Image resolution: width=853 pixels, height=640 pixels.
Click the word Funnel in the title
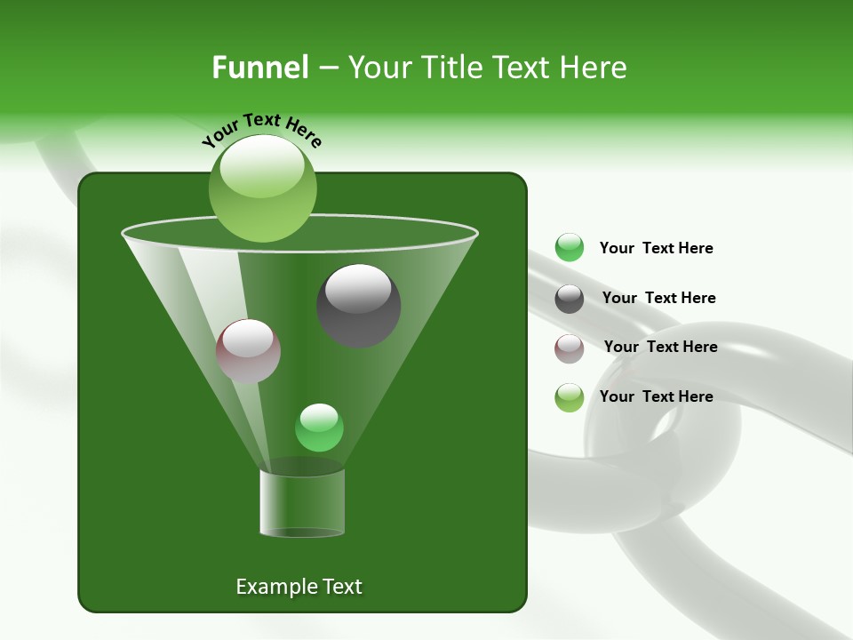pyautogui.click(x=260, y=68)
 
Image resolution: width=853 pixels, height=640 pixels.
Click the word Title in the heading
pyautogui.click(x=450, y=68)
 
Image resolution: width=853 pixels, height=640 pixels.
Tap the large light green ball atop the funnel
pyautogui.click(x=263, y=188)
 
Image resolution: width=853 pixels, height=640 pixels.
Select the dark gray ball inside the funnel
pyautogui.click(x=359, y=307)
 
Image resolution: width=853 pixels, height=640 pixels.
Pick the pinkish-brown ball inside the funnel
pyautogui.click(x=249, y=351)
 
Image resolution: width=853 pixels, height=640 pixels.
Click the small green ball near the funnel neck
pyautogui.click(x=319, y=428)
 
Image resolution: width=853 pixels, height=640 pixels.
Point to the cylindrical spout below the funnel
pyautogui.click(x=302, y=503)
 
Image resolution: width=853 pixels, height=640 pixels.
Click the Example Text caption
pyautogui.click(x=299, y=587)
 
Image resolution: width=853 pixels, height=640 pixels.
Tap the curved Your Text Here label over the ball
pyautogui.click(x=262, y=129)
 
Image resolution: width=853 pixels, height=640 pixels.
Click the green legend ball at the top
pyautogui.click(x=570, y=248)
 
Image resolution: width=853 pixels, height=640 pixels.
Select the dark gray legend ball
pyautogui.click(x=570, y=299)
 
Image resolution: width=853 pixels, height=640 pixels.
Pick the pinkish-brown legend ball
pyautogui.click(x=570, y=348)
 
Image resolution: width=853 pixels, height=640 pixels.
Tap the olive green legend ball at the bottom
pyautogui.click(x=570, y=397)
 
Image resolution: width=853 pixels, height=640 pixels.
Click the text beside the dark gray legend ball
pyautogui.click(x=658, y=298)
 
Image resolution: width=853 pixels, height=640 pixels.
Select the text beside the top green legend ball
pyautogui.click(x=656, y=248)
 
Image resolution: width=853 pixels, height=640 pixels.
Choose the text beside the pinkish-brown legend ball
pyautogui.click(x=660, y=347)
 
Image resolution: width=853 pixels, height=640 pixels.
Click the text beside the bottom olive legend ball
pyautogui.click(x=656, y=396)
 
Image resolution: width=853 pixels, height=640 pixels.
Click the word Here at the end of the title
pyautogui.click(x=594, y=68)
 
